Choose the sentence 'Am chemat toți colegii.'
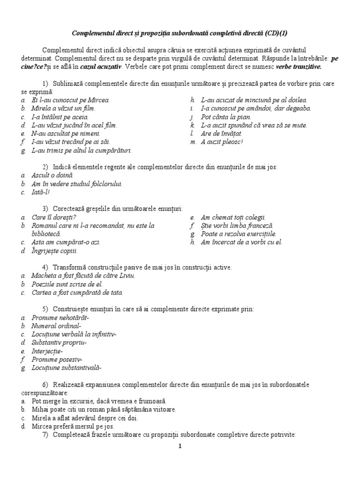[x=233, y=217]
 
